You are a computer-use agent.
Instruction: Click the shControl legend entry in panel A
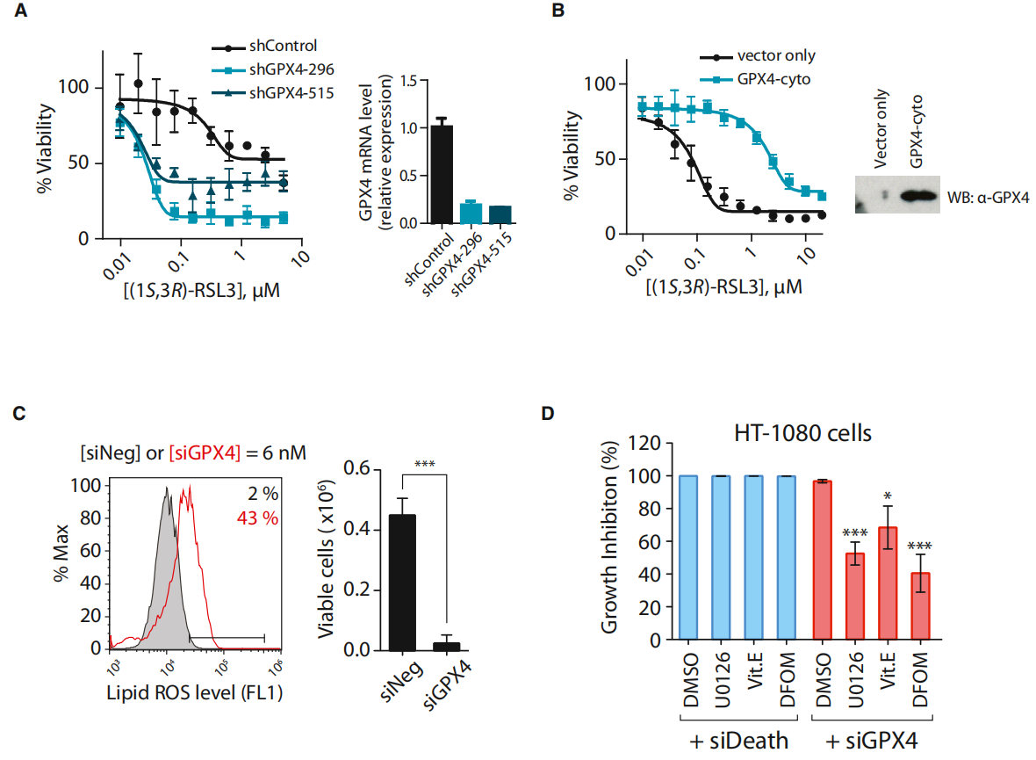click(x=283, y=47)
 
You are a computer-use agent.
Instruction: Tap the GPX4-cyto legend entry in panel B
click(x=771, y=79)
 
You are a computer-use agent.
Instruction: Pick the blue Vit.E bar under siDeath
click(x=755, y=558)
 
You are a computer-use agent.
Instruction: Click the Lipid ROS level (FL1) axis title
click(x=198, y=693)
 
